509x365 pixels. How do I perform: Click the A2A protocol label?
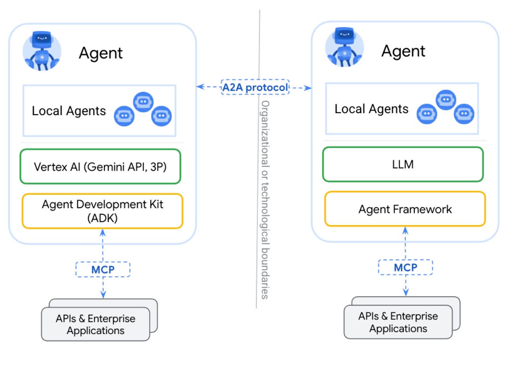pyautogui.click(x=255, y=87)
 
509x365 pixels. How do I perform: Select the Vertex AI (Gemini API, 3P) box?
pyautogui.click(x=100, y=166)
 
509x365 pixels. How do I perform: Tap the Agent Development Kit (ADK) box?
pyautogui.click(x=103, y=211)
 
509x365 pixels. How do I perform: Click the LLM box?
pyautogui.click(x=403, y=165)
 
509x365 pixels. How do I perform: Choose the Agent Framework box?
pyautogui.click(x=405, y=209)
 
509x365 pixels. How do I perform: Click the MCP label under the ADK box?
pyautogui.click(x=103, y=269)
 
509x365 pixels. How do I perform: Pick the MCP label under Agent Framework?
pyautogui.click(x=406, y=267)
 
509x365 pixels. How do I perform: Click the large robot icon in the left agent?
pyautogui.click(x=42, y=51)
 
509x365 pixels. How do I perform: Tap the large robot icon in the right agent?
pyautogui.click(x=345, y=48)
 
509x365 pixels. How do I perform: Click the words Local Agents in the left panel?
pyautogui.click(x=69, y=111)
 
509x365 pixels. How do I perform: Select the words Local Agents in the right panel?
pyautogui.click(x=372, y=109)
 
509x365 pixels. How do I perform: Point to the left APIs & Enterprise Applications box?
pyautogui.click(x=96, y=324)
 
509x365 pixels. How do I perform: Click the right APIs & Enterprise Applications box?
pyautogui.click(x=398, y=322)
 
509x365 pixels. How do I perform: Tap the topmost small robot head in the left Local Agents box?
pyautogui.click(x=143, y=102)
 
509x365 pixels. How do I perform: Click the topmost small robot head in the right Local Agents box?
pyautogui.click(x=446, y=100)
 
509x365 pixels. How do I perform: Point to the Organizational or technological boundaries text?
pyautogui.click(x=265, y=200)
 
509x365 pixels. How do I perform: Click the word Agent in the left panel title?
pyautogui.click(x=101, y=53)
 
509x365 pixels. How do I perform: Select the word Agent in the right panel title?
pyautogui.click(x=403, y=51)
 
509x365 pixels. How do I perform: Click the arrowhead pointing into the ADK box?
pyautogui.click(x=103, y=232)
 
